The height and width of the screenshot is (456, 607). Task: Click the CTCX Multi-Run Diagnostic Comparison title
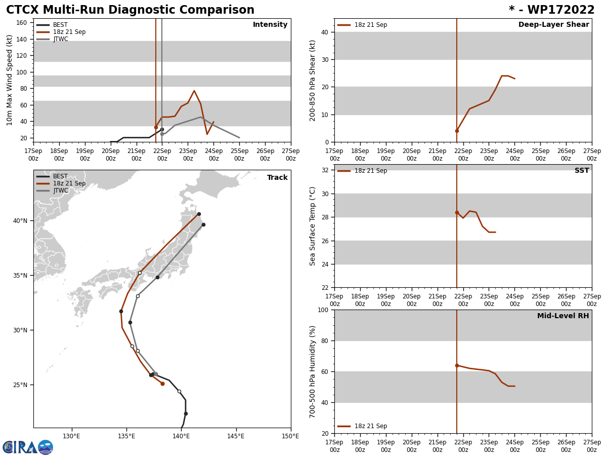pos(130,10)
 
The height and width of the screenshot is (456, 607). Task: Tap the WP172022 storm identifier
pos(551,10)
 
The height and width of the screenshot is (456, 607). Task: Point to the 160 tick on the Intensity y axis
pos(22,23)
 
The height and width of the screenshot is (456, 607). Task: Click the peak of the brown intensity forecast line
pos(194,91)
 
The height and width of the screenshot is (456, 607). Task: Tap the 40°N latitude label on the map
pos(21,221)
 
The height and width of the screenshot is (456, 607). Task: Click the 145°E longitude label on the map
pos(236,436)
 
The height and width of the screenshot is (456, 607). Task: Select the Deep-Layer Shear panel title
pos(553,25)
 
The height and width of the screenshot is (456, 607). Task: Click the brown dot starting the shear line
pos(457,131)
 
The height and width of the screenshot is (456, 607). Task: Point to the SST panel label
pos(582,171)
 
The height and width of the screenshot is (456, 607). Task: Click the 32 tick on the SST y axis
pos(326,170)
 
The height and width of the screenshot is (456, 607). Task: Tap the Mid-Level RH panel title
pos(563,316)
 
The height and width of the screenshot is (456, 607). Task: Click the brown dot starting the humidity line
pos(457,365)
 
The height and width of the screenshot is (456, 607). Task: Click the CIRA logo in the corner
pos(28,447)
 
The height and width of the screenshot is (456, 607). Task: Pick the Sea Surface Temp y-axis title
pos(313,226)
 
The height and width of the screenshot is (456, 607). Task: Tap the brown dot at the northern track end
pos(199,214)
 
